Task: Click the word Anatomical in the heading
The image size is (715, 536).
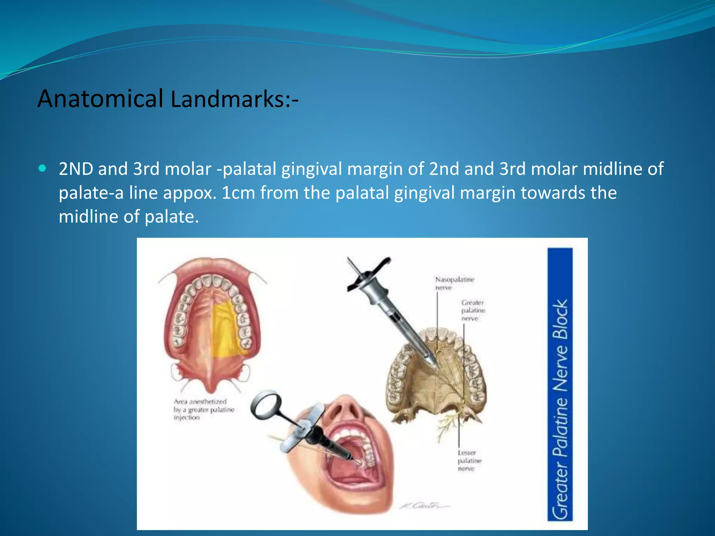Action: [100, 99]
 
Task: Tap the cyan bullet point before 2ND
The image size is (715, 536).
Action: [43, 169]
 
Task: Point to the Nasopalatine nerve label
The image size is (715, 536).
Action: [454, 283]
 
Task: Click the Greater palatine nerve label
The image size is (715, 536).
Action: [473, 310]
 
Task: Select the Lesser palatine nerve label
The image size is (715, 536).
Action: [469, 461]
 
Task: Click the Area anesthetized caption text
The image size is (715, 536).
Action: [204, 409]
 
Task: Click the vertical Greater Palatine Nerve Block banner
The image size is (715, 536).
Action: [560, 384]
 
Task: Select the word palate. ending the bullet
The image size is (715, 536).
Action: [171, 217]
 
